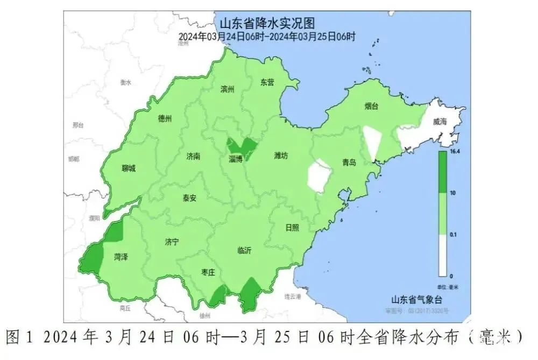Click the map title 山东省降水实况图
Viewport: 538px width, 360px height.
pyautogui.click(x=267, y=24)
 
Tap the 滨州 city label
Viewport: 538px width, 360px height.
pyautogui.click(x=228, y=89)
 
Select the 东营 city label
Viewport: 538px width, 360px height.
pyautogui.click(x=267, y=82)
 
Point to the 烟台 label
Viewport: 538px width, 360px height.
pyautogui.click(x=371, y=106)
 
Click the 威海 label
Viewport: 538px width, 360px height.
pyautogui.click(x=440, y=122)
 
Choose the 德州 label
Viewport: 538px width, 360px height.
pyautogui.click(x=165, y=119)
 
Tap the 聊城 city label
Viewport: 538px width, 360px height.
pyautogui.click(x=129, y=168)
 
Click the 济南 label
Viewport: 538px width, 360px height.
pyautogui.click(x=193, y=157)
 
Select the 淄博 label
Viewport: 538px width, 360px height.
pyautogui.click(x=236, y=159)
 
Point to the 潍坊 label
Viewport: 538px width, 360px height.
pyautogui.click(x=281, y=156)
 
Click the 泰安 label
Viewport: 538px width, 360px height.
pyautogui.click(x=189, y=197)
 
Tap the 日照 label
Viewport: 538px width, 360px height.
pyautogui.click(x=292, y=227)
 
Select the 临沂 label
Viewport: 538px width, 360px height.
pyautogui.click(x=244, y=250)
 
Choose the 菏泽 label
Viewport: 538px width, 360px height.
pyautogui.click(x=121, y=257)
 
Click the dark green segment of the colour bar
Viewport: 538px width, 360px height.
pyautogui.click(x=442, y=172)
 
